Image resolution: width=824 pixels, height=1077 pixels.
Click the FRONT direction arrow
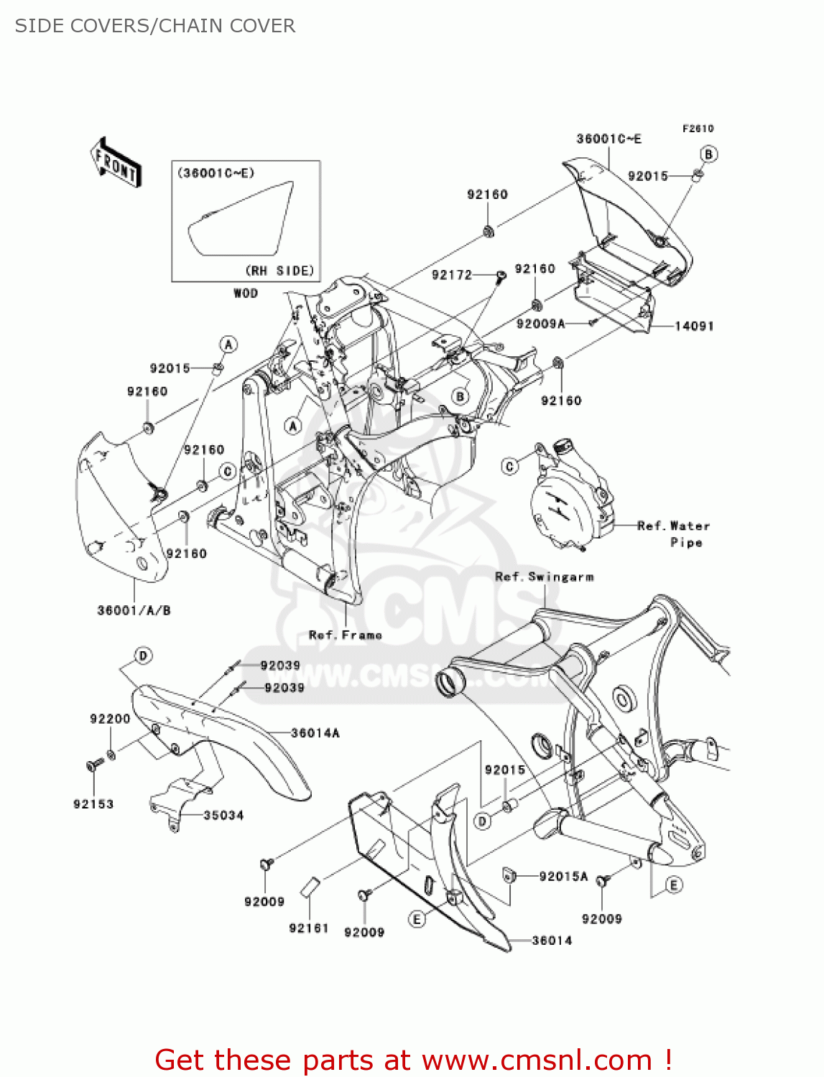(116, 162)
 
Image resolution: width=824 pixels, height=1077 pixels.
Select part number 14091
(694, 326)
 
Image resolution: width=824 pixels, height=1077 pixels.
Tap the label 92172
(452, 275)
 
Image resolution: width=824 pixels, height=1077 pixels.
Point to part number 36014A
(315, 733)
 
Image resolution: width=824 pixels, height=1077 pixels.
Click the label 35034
(223, 816)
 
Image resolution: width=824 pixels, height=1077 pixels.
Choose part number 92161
(308, 928)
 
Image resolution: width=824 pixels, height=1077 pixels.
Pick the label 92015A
(563, 876)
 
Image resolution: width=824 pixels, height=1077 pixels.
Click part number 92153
(93, 804)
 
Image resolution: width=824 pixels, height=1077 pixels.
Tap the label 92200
(110, 719)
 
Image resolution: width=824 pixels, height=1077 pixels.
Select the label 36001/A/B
(134, 611)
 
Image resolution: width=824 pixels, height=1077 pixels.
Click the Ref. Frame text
(346, 635)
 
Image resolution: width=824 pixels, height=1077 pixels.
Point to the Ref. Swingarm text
(545, 577)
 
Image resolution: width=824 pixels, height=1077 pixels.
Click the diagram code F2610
(698, 129)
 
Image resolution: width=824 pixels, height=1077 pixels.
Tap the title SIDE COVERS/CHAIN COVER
(155, 26)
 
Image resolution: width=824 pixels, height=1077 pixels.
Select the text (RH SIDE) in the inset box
(280, 271)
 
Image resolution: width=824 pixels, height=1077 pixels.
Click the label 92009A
(541, 324)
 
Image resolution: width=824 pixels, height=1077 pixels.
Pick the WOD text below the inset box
(246, 293)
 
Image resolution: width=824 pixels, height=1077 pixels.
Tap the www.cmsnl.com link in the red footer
(537, 1060)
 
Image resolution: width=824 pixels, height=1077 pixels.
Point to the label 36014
(552, 941)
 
